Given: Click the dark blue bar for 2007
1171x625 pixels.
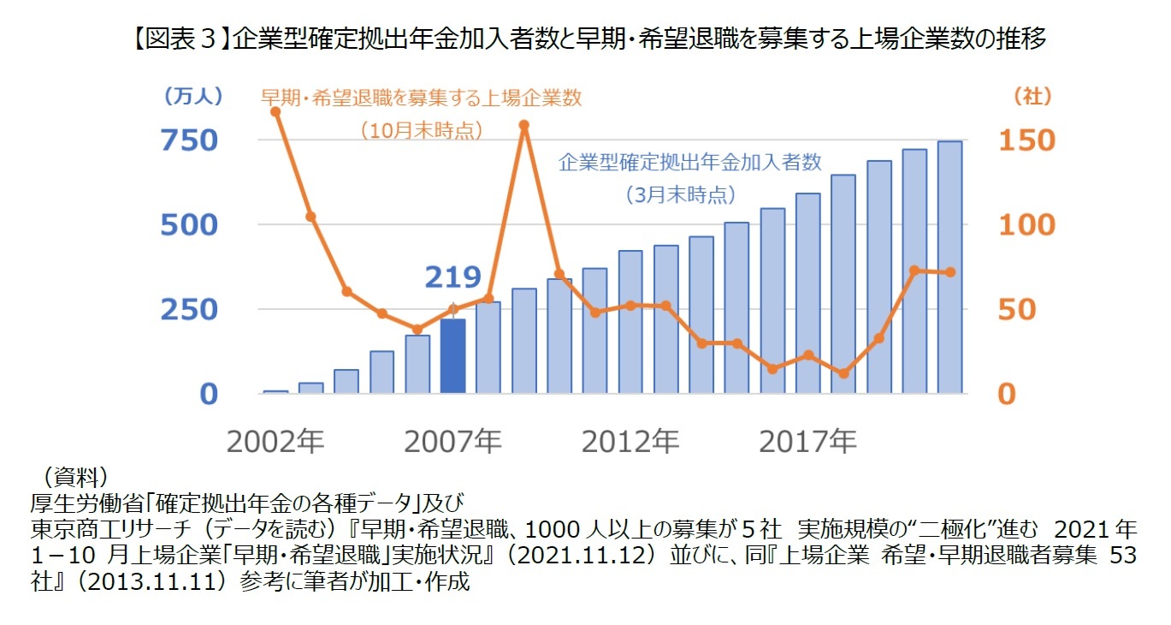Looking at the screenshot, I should click(452, 356).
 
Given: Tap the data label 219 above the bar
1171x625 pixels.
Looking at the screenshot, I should click(452, 277).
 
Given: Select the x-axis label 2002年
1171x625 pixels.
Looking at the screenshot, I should click(275, 442).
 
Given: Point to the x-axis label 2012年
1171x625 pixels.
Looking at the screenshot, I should click(630, 442).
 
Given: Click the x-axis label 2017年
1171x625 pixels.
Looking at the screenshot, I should click(807, 442).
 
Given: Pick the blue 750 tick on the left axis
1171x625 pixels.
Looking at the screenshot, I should click(190, 140).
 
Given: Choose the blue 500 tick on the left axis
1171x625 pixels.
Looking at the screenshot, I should click(190, 225).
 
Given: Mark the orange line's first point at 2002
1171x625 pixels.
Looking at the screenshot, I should click(275, 111).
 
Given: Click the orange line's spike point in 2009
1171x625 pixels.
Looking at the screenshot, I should click(524, 125).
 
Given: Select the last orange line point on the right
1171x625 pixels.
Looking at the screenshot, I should click(949, 272).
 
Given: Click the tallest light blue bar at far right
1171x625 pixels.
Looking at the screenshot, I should click(949, 267).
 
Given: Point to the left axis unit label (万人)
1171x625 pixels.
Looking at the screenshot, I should click(192, 97).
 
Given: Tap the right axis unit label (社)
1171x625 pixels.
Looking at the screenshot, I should click(1032, 97).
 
